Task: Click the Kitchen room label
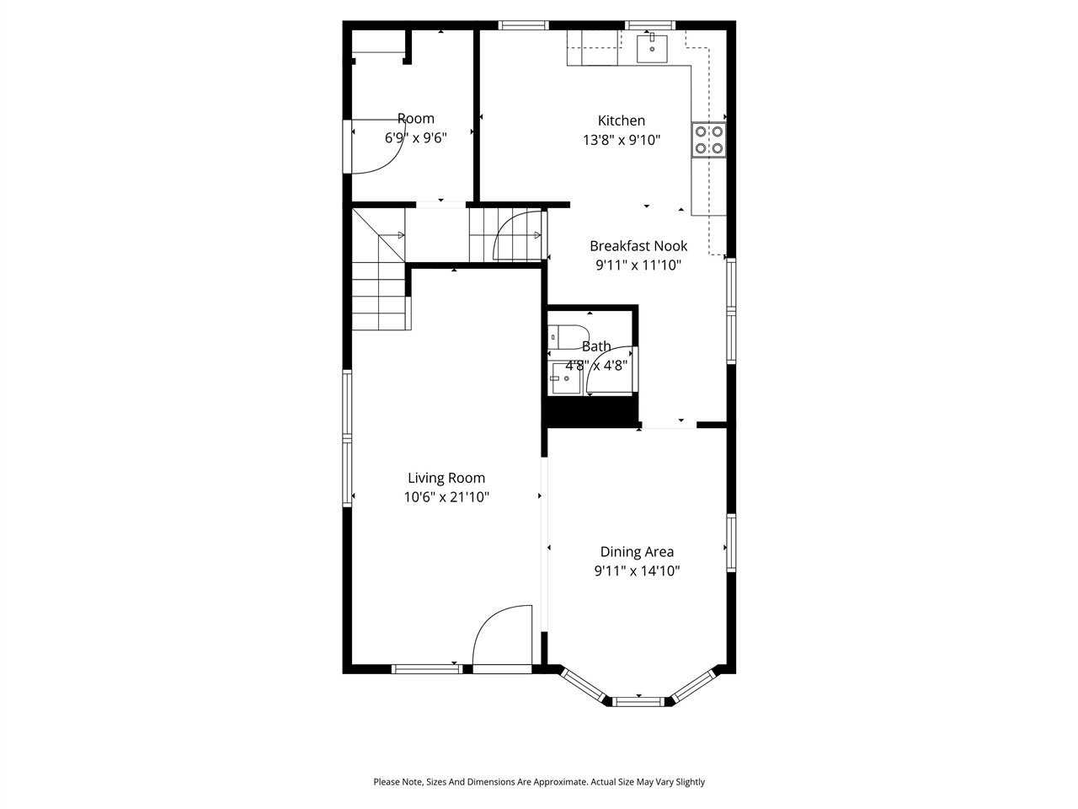[621, 121]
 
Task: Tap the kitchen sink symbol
[652, 49]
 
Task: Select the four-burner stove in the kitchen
[708, 140]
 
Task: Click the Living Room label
[446, 478]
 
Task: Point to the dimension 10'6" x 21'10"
[446, 497]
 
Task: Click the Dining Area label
[637, 552]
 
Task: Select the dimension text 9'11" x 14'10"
[637, 571]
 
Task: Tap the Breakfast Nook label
[638, 246]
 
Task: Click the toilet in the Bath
[563, 336]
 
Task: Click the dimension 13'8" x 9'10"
[621, 140]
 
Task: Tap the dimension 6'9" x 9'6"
[415, 138]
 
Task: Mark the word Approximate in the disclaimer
[555, 782]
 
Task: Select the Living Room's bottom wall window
[427, 669]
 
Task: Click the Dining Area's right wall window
[731, 543]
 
